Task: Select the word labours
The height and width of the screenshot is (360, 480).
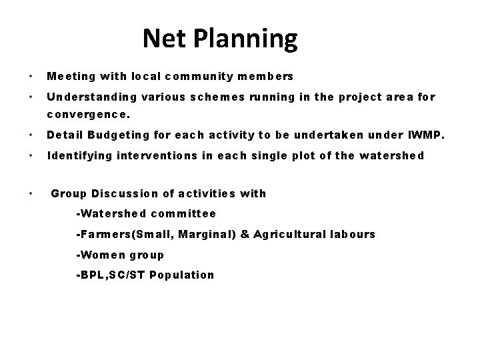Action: [352, 234]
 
